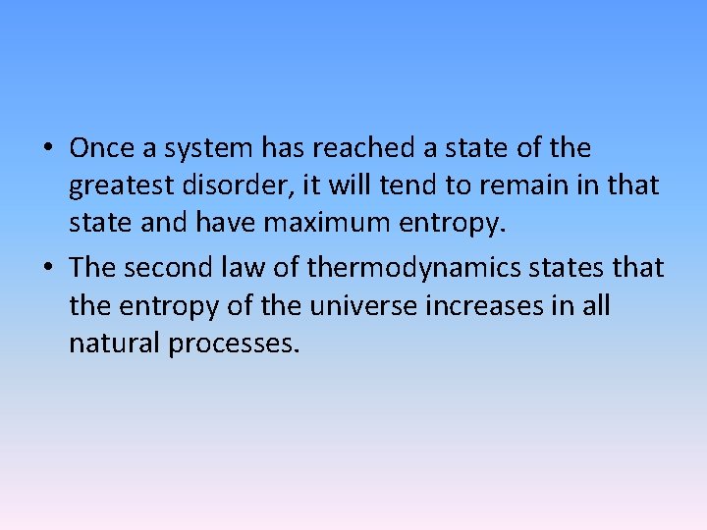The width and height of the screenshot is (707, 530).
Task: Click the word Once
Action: click(103, 149)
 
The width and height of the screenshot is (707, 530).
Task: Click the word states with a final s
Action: click(576, 267)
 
